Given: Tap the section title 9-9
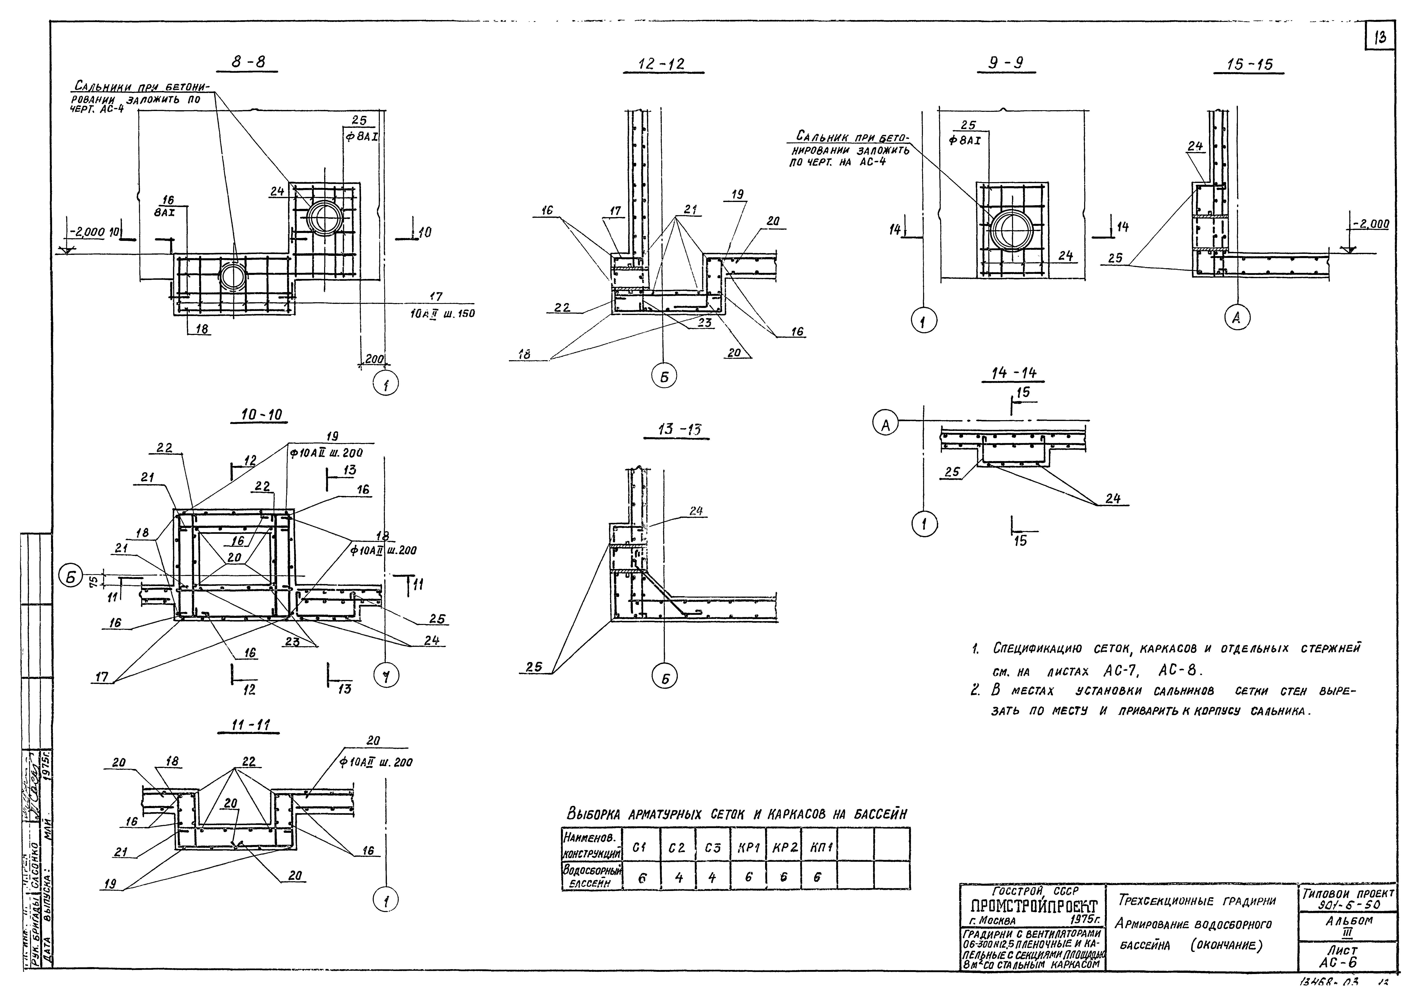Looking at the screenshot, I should click(1006, 64).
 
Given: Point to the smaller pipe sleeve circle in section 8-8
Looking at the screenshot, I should click(233, 277).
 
